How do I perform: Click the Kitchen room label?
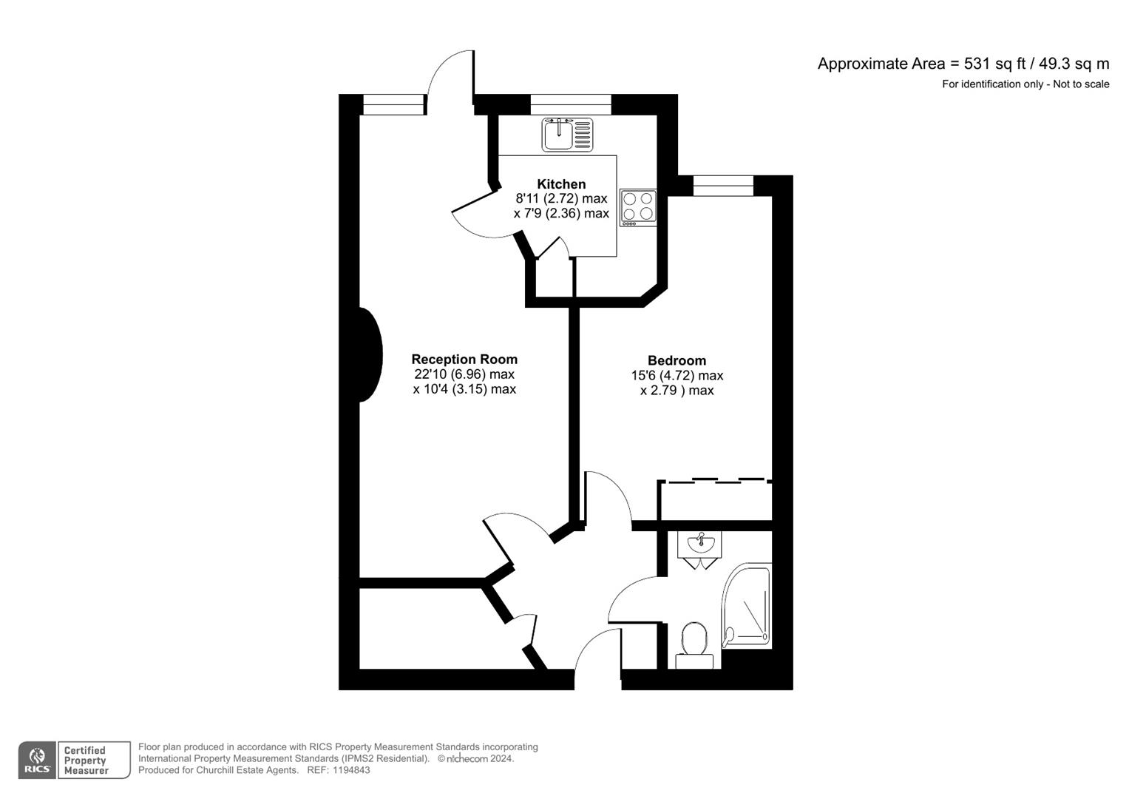pos(561,184)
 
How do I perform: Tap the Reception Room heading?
pos(464,360)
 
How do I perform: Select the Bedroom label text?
pos(677,360)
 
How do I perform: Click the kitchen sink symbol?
pos(567,135)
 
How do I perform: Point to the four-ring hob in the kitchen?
pos(638,207)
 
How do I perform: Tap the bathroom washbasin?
pos(699,545)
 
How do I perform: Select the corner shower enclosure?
pos(747,607)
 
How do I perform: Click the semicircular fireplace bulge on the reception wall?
pos(370,355)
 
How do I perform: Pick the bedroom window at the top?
pos(723,186)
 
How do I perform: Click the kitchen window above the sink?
pos(571,105)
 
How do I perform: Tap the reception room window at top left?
pos(393,105)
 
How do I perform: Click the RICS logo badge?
pos(36,761)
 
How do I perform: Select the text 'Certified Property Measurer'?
pos(86,761)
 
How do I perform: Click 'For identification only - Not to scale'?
pos(1025,84)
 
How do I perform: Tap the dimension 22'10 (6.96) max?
pos(464,374)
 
